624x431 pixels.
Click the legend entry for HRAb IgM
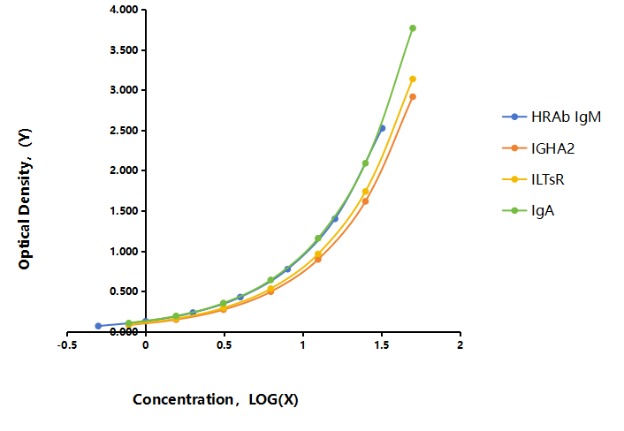[x=552, y=117]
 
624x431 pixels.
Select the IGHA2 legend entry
[x=538, y=148]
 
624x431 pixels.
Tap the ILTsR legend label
[x=548, y=179]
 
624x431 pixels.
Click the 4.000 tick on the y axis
[x=124, y=10]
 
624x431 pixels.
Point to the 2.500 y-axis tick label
[x=124, y=131]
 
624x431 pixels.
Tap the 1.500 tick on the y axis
[x=124, y=211]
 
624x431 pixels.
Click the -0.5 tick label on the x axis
[x=67, y=344]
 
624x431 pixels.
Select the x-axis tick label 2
[x=460, y=344]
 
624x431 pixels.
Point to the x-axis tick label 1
[x=303, y=344]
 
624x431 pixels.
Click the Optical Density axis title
[x=25, y=199]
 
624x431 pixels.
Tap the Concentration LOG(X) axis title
[x=216, y=399]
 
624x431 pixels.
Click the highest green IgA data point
[x=413, y=28]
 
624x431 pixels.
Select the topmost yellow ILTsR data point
[x=413, y=79]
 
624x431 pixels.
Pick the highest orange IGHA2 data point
[x=413, y=96]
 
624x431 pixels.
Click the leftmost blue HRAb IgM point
[x=98, y=326]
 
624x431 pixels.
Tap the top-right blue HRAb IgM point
[x=382, y=128]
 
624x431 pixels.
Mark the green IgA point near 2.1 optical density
[x=365, y=163]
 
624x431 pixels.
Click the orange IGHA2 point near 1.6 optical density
[x=365, y=201]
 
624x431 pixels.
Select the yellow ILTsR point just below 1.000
[x=318, y=253]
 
